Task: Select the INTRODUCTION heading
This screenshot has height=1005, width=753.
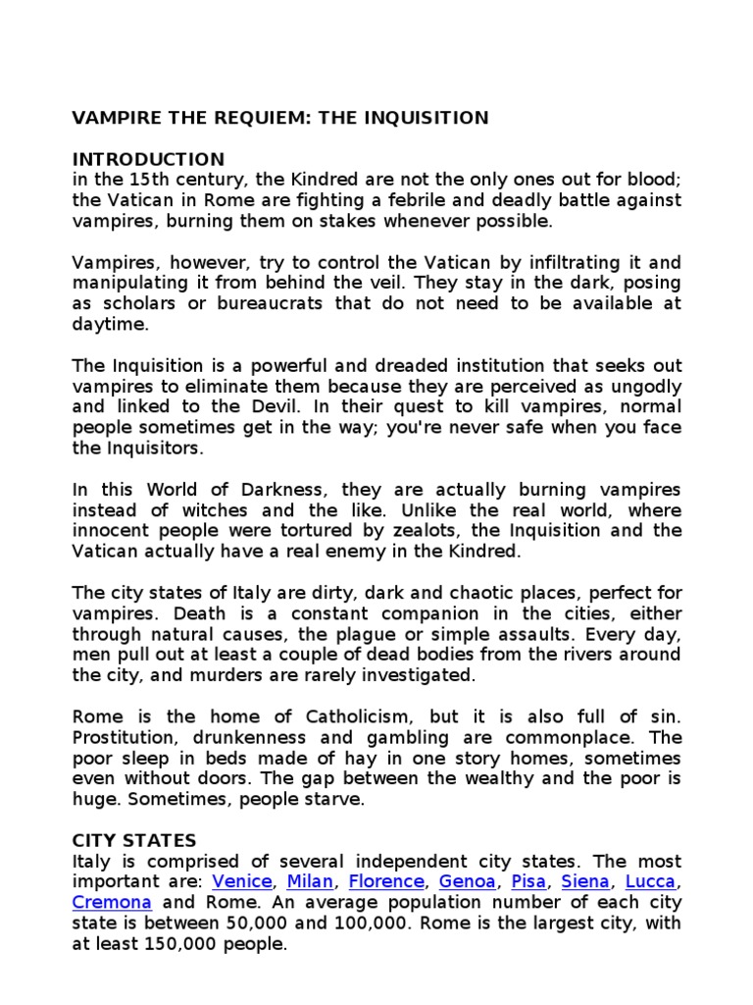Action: point(148,159)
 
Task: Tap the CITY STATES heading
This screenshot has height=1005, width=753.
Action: point(134,840)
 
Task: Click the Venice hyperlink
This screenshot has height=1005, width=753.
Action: point(243,881)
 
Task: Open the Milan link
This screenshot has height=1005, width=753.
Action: point(310,881)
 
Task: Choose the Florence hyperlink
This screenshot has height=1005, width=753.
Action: point(386,881)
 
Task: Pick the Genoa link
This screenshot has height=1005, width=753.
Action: point(467,881)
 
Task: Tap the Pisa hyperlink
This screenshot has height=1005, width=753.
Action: point(528,881)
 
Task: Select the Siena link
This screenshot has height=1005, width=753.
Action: point(585,881)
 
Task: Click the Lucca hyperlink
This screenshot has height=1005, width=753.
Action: point(650,881)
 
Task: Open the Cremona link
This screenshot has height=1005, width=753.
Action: point(112,902)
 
